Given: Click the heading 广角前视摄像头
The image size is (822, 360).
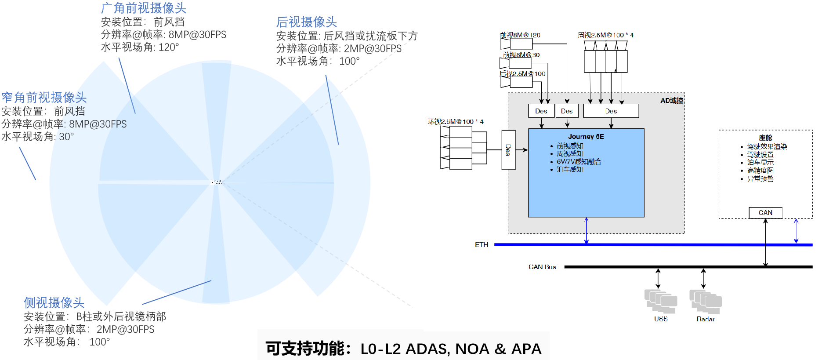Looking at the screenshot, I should point(144,8).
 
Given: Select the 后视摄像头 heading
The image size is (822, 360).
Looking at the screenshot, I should point(307,22).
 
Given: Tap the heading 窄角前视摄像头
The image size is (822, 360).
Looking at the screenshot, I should point(44,98).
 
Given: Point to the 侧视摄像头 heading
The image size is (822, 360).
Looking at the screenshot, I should point(54,302).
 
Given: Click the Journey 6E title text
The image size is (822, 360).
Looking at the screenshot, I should point(586,137).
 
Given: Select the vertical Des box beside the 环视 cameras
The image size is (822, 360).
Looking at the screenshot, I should point(508,150).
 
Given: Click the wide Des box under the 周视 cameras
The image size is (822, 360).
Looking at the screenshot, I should point(611,111).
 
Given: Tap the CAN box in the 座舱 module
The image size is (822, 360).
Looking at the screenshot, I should point(765,213).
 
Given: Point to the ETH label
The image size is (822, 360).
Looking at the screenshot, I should point(482,245).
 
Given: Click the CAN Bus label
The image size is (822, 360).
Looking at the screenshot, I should point(542,267).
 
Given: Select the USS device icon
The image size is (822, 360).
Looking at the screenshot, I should point(661,302).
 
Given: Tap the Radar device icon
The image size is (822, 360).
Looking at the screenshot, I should point(706,302).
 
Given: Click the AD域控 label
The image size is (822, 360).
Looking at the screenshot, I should point(671,101).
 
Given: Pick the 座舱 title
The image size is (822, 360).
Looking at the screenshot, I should point(765,138).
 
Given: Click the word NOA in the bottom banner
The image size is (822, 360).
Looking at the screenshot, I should point(472,349).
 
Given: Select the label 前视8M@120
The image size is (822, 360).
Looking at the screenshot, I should point(520,35).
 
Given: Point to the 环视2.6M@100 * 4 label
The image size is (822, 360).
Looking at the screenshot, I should point(456,122).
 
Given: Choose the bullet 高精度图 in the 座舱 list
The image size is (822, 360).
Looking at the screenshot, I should point(760,171).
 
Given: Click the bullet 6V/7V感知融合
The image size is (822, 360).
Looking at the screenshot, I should point(579,162).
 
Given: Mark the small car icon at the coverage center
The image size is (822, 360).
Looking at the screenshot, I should point(217,182).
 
